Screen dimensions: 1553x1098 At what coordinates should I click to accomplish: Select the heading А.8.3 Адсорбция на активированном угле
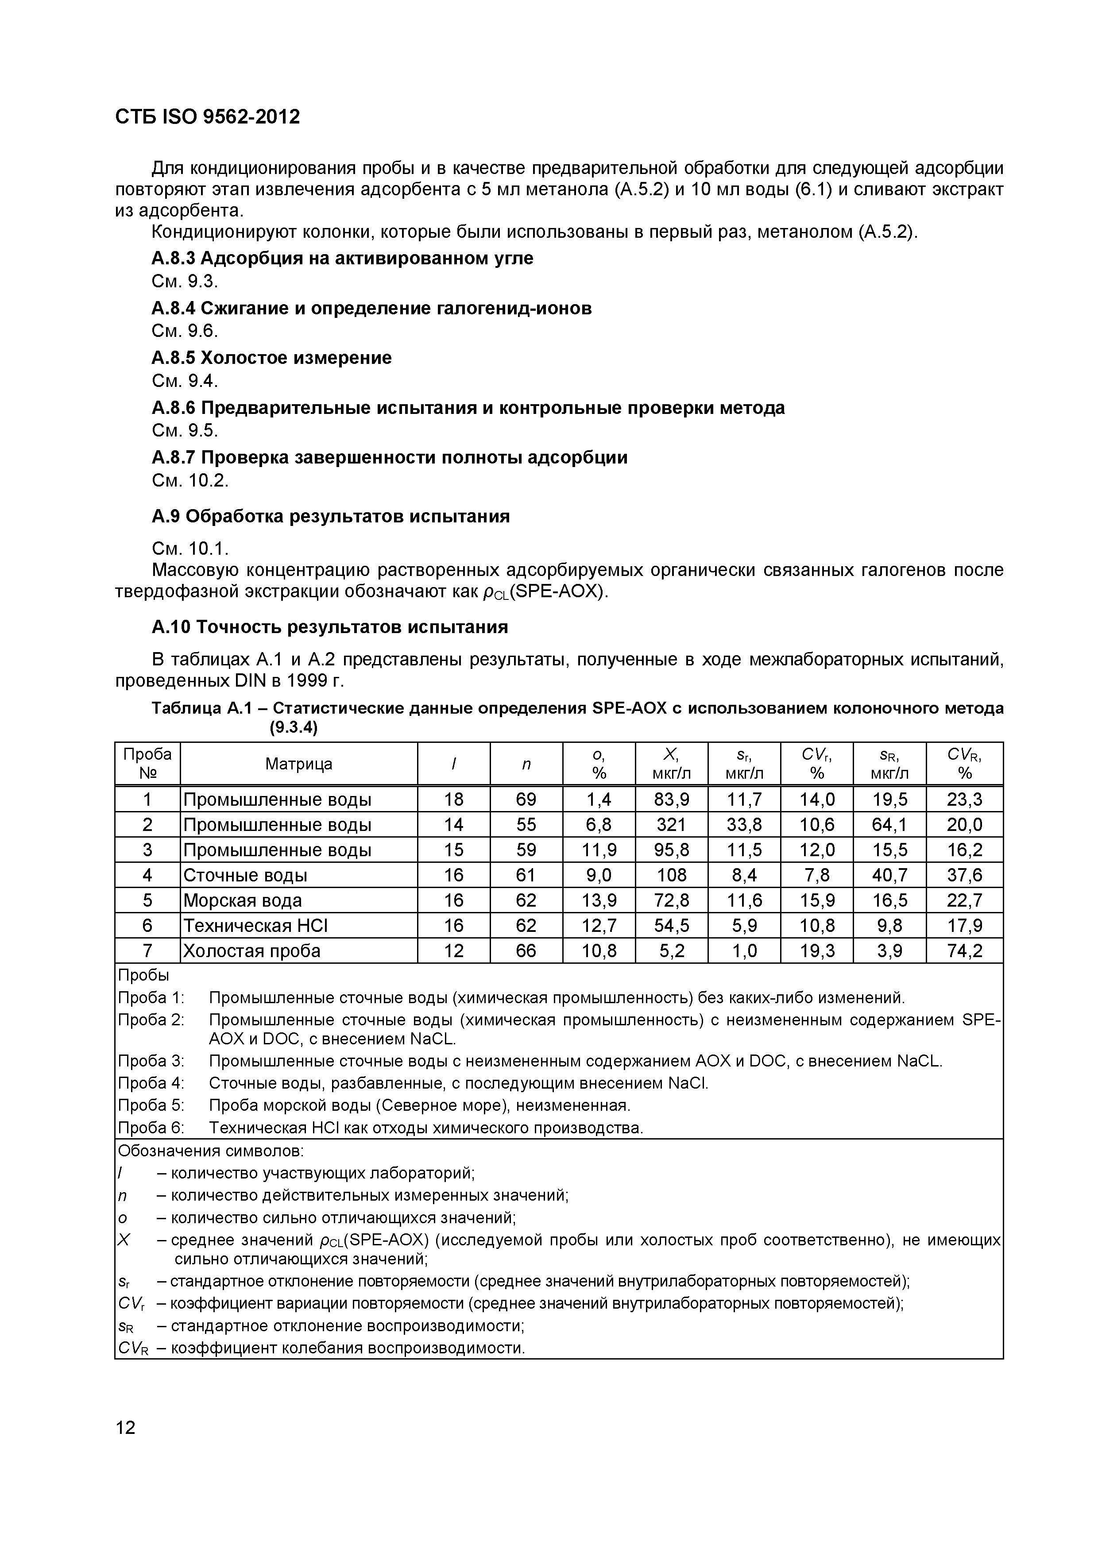342,259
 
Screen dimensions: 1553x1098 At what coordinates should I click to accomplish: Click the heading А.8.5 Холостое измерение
271,358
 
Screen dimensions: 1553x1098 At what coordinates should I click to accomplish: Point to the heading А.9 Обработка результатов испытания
330,517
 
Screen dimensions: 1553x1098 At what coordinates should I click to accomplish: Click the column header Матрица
298,764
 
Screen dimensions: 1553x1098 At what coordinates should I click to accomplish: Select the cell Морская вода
242,901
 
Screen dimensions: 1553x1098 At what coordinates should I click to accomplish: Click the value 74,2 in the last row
964,951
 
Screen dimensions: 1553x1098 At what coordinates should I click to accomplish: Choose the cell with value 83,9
671,800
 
